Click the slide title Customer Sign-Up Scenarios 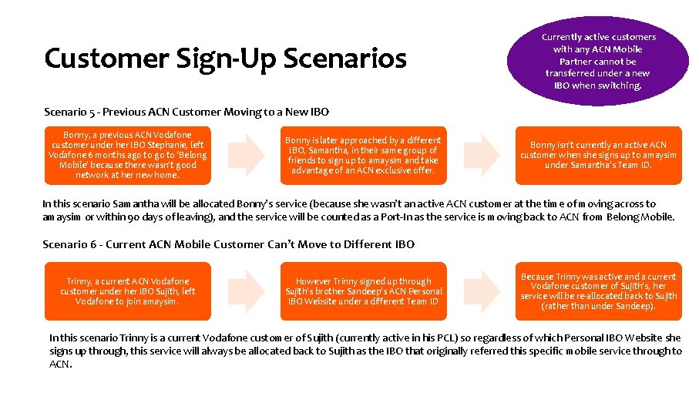click(x=225, y=58)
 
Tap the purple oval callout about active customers click(x=598, y=61)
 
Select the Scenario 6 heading click(x=228, y=244)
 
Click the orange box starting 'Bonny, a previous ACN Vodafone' click(x=128, y=155)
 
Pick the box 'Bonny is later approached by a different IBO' click(x=363, y=155)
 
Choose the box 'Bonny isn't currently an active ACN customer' click(x=598, y=155)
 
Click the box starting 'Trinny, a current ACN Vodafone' click(x=128, y=291)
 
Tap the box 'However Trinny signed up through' click(x=363, y=291)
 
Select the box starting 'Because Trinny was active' click(x=598, y=291)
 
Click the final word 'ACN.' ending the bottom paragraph click(x=61, y=364)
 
